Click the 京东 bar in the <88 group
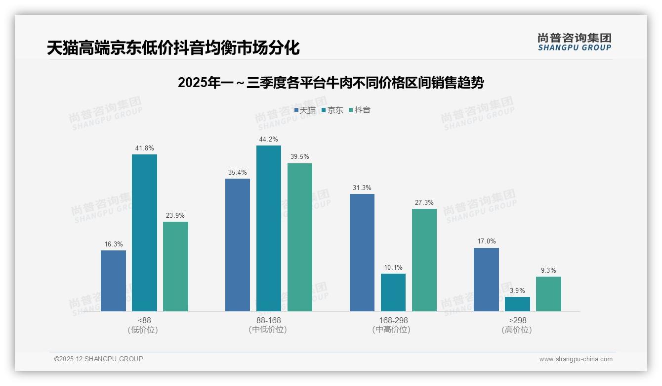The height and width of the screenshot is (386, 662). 144,233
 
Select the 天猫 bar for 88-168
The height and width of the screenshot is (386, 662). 238,245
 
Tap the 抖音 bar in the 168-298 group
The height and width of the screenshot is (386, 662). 424,260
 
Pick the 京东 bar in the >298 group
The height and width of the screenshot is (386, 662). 517,304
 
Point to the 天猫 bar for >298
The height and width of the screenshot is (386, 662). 486,280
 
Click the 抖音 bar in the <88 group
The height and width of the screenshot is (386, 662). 175,266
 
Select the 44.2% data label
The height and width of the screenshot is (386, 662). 268,139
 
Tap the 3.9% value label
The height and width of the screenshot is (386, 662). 517,290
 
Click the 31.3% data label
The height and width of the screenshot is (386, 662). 362,188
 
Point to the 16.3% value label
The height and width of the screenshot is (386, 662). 113,244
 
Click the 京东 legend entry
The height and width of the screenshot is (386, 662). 332,110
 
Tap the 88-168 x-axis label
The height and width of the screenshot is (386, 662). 268,320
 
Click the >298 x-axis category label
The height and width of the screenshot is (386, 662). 517,320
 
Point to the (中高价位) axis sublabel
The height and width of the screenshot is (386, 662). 393,330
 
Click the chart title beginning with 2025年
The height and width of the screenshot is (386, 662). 331,83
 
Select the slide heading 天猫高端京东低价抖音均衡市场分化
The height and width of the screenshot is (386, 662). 173,48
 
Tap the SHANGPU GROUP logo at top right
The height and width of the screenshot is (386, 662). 574,42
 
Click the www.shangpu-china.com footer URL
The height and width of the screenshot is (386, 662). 576,359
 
